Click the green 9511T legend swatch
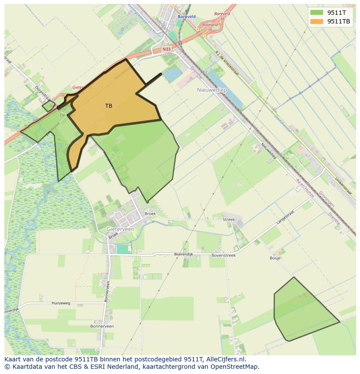point(317,13)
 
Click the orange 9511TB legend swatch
point(317,21)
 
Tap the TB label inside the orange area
point(109,106)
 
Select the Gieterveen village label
point(120,228)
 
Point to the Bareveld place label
point(186,17)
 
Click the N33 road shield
point(167,50)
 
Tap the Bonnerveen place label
point(102,326)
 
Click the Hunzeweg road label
point(61,303)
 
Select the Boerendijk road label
point(183,254)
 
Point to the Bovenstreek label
point(223,255)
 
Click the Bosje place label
point(275,258)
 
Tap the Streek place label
point(229,219)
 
